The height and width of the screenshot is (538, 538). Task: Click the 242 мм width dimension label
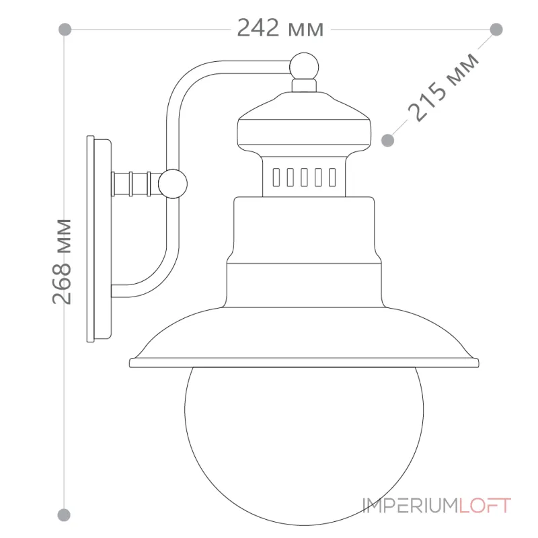(x=280, y=28)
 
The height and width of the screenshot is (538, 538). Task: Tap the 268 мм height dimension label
(x=62, y=262)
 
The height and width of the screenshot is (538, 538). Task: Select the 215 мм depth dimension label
(x=443, y=87)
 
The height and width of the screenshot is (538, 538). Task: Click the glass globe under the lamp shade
(x=304, y=446)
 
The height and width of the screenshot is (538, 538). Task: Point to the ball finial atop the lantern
(x=304, y=67)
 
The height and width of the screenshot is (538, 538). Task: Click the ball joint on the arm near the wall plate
(x=173, y=184)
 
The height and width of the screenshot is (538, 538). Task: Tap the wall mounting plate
(x=99, y=239)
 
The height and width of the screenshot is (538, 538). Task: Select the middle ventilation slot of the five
(x=304, y=178)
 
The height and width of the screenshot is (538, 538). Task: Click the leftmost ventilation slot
(x=276, y=178)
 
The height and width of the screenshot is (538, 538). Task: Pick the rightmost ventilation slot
(x=332, y=178)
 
